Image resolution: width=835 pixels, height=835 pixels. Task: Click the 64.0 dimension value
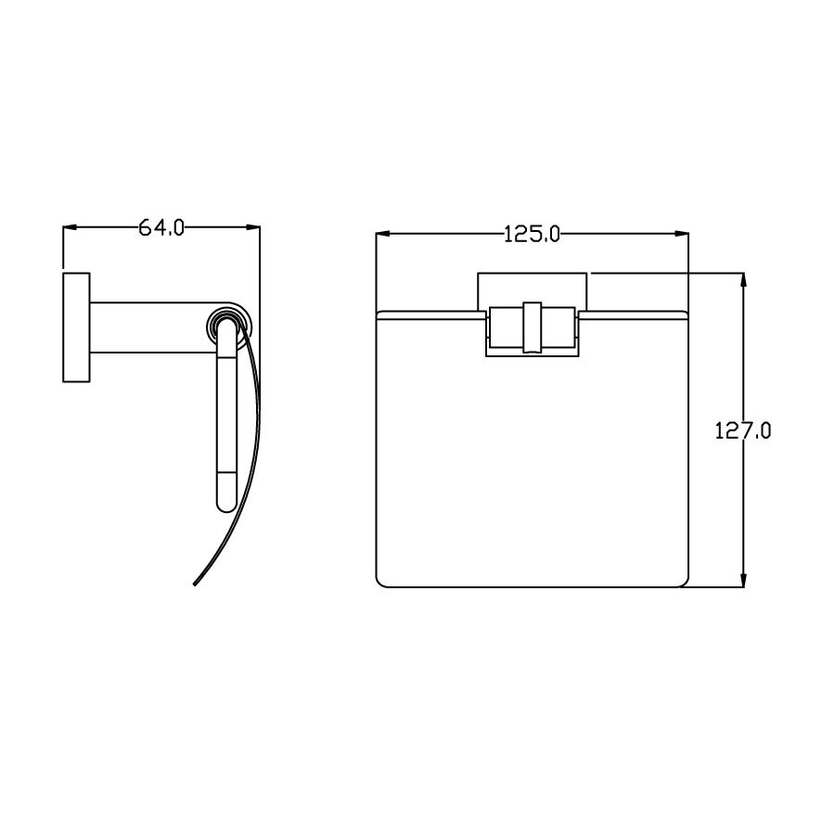[x=161, y=227]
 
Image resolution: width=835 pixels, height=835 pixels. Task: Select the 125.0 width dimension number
[x=532, y=235]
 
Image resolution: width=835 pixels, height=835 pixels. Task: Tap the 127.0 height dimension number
[x=743, y=431]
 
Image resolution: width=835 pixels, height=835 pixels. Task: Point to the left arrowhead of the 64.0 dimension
[x=68, y=227]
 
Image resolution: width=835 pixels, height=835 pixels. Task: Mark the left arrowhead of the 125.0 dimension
[x=380, y=235]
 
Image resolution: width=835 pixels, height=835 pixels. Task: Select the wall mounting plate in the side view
[x=76, y=328]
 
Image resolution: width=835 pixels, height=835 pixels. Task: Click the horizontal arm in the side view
[x=148, y=328]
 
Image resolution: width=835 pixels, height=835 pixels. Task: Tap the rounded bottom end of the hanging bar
[x=227, y=505]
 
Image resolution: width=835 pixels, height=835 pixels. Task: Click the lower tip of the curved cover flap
[x=196, y=584]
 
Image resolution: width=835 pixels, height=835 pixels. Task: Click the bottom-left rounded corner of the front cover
[x=380, y=582]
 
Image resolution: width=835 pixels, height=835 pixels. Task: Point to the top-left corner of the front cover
[x=379, y=315]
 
